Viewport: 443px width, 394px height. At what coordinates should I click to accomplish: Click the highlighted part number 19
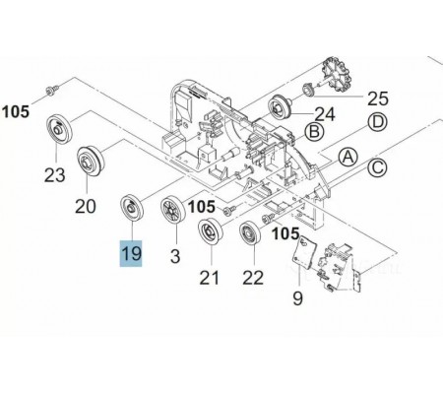point(131,253)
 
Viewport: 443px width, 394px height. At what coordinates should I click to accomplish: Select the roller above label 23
point(59,130)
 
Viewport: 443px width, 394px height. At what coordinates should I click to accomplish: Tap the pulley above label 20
point(91,161)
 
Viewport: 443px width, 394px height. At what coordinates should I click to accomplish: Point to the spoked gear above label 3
point(173,209)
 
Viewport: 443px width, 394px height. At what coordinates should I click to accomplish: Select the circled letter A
point(348,158)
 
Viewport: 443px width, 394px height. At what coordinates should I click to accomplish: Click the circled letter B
point(314,132)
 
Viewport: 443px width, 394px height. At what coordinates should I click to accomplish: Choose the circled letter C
point(377,167)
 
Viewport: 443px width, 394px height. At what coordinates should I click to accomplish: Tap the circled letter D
point(378,122)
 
